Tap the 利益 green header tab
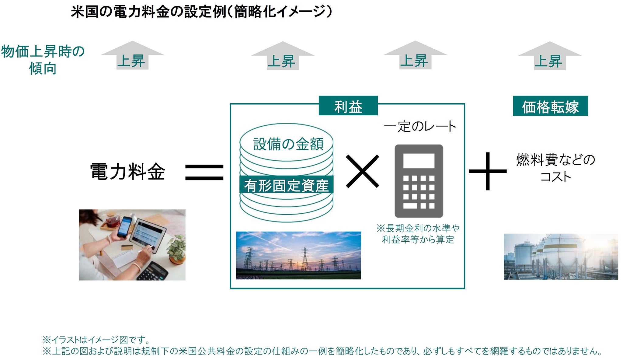point(348,106)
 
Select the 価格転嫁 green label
point(550,106)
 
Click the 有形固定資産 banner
point(286,184)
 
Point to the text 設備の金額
point(288,144)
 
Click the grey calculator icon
point(419,181)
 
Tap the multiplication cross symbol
point(363,171)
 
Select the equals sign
point(204,172)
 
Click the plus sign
point(488,171)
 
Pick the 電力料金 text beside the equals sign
point(128,171)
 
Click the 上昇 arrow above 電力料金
point(132,55)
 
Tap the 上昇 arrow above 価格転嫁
point(550,56)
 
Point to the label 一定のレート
point(420,126)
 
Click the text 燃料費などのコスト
point(555,168)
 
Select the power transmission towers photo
point(298,255)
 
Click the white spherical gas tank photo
point(561,257)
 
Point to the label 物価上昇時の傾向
point(43,60)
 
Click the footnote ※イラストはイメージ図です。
point(96,339)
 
